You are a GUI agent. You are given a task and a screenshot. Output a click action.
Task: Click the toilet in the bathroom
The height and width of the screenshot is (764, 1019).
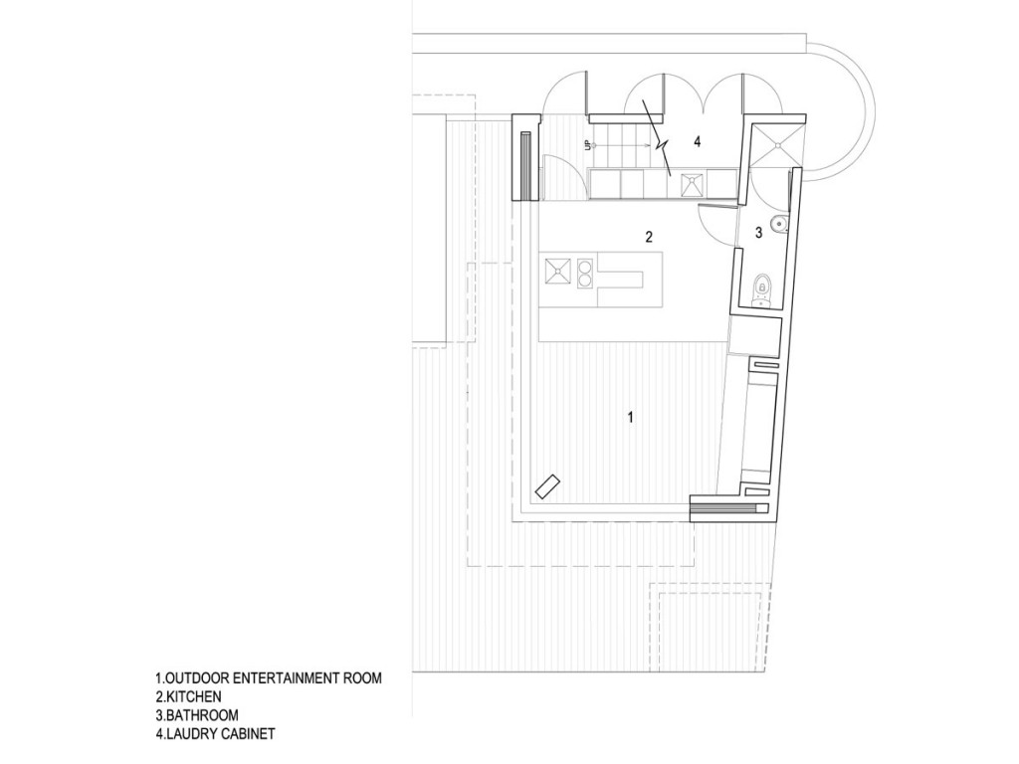click(x=761, y=289)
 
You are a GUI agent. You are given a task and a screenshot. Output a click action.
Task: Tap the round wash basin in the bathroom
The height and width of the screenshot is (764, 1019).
click(x=778, y=224)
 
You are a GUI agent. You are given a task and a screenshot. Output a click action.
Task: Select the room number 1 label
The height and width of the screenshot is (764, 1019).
click(x=629, y=417)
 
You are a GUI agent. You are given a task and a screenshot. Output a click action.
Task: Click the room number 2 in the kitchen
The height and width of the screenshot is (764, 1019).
click(x=649, y=237)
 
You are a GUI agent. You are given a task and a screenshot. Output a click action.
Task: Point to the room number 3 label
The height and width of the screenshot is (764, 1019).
click(x=758, y=233)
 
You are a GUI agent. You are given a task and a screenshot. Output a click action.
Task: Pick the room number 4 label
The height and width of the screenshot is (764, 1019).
click(x=698, y=141)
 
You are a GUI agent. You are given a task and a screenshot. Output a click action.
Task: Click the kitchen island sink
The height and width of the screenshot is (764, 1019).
click(x=557, y=272)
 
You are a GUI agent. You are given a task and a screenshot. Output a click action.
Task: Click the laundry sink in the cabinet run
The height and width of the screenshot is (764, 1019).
click(x=692, y=184)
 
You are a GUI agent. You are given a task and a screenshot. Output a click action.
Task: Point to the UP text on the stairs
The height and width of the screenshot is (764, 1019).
click(x=587, y=145)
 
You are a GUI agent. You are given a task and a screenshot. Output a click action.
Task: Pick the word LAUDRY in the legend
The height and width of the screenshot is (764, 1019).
click(x=191, y=734)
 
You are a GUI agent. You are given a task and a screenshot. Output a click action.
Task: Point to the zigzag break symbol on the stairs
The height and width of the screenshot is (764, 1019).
click(x=658, y=138)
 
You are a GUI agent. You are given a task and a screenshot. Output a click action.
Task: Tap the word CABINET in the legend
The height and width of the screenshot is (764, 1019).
click(x=248, y=734)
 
